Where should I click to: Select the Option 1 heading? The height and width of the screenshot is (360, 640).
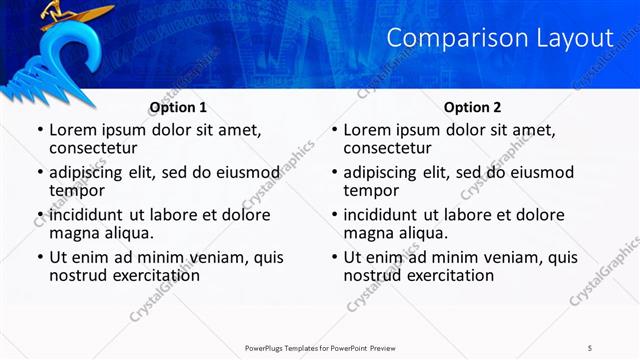(x=178, y=107)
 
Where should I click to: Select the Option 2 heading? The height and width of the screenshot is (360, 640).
(x=473, y=107)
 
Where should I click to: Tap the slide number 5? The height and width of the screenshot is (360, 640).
(x=590, y=347)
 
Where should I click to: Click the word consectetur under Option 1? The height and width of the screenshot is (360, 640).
(x=97, y=149)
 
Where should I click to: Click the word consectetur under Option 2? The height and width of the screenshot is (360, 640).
(x=392, y=149)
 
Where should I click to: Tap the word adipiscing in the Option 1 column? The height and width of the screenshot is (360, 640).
(x=89, y=171)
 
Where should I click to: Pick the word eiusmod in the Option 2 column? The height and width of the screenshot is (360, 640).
(x=539, y=171)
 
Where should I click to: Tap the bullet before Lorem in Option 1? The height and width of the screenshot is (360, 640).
(x=39, y=130)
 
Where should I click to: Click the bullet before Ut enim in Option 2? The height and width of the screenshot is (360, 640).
(x=334, y=257)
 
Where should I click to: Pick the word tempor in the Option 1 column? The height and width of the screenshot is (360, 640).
(x=76, y=191)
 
